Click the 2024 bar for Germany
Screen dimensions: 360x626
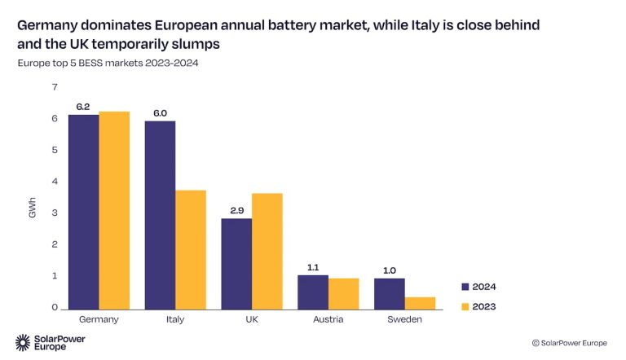83,212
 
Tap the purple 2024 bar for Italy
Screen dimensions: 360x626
160,215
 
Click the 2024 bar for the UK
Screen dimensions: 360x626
236,263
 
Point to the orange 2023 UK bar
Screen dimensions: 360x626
267,251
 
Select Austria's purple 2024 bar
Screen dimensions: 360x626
313,292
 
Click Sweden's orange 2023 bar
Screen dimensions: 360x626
420,302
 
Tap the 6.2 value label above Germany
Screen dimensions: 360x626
83,106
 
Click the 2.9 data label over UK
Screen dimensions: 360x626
236,210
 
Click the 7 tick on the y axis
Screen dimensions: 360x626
55,87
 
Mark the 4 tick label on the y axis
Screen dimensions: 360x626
55,182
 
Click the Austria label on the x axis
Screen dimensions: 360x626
328,319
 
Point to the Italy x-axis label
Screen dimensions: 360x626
175,319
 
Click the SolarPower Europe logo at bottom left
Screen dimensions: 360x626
51,342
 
